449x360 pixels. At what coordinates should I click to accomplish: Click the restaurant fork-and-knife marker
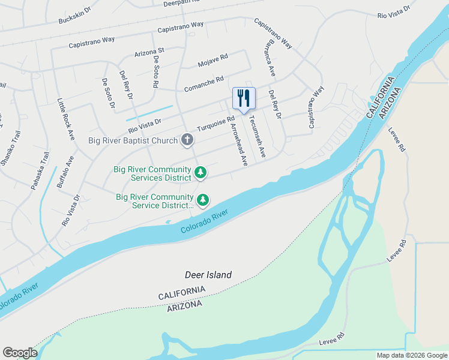[244, 98]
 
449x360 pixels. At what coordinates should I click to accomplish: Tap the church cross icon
[187, 140]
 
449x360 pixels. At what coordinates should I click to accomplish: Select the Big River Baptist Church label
[133, 141]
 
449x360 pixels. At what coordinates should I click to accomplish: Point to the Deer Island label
[208, 275]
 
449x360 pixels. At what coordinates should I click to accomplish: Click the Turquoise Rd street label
[216, 124]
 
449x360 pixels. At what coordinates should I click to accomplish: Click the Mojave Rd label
[213, 59]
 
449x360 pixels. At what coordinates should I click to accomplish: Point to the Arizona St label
[149, 53]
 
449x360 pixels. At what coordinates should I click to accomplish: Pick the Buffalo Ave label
[65, 172]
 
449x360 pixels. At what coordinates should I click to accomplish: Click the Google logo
[20, 353]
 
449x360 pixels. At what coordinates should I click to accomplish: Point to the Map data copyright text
[412, 355]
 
